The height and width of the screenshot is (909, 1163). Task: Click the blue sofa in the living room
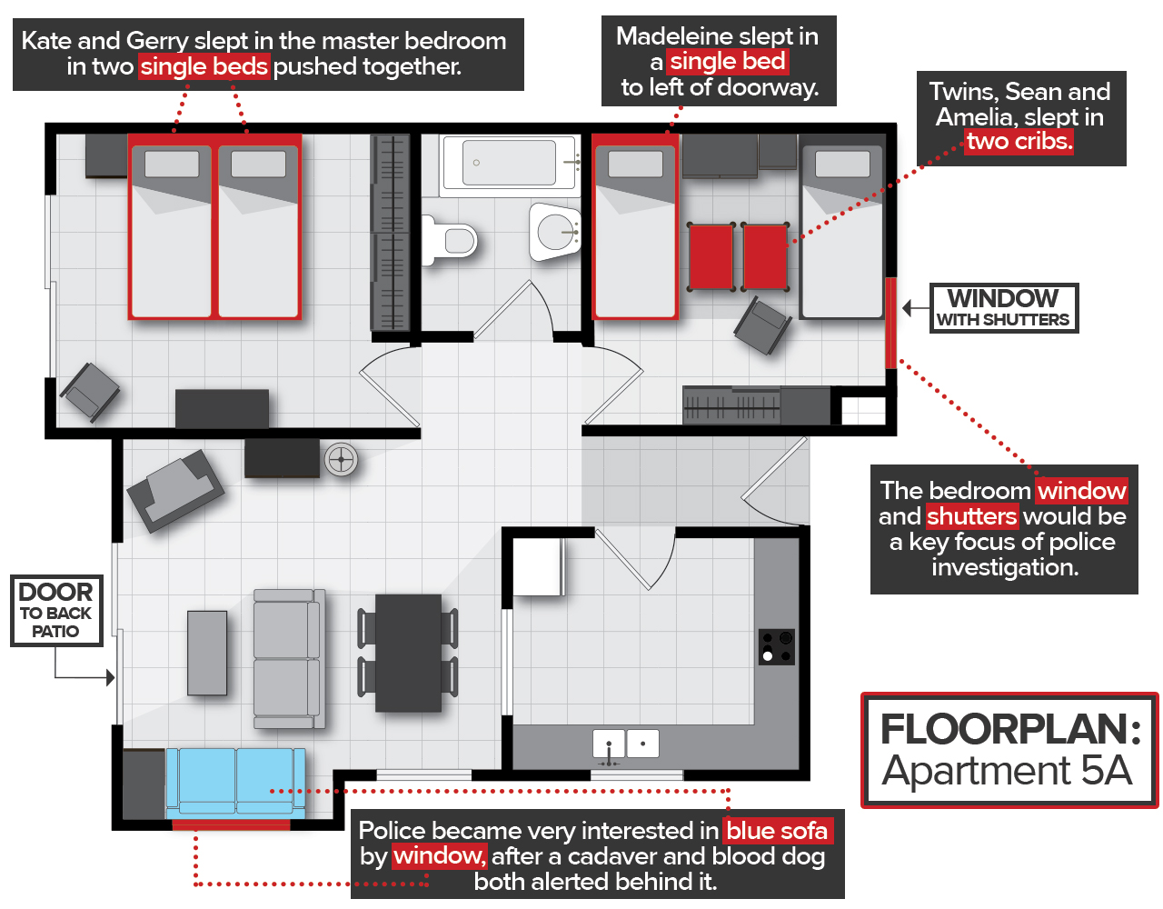pos(235,781)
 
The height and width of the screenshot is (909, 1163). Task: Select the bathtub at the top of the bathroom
pos(509,164)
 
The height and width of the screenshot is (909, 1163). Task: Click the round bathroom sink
pos(555,231)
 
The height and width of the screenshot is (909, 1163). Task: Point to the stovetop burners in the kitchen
pos(777,646)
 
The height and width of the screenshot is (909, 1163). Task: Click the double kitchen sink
pos(625,744)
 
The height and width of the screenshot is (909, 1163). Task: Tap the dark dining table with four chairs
pos(408,652)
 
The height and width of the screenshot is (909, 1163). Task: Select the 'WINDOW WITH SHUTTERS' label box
pos(1004,308)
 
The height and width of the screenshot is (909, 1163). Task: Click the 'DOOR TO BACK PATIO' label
pos(56,610)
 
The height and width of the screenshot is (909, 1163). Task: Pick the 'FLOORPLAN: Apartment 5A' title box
pos(1009,751)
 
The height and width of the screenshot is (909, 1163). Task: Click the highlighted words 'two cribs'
pos(1019,142)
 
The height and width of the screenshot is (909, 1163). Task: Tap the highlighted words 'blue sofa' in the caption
pos(777,831)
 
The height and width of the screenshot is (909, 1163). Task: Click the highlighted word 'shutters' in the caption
pos(971,516)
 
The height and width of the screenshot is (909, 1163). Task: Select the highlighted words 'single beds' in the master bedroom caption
pos(204,66)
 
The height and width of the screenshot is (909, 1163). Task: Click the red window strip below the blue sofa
pos(231,824)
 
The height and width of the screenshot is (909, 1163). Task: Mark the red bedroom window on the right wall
pos(890,323)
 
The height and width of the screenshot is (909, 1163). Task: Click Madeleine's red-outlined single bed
pos(635,227)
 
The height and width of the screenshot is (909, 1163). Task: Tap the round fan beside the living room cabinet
pos(342,460)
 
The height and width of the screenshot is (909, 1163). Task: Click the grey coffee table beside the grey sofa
pos(207,653)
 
